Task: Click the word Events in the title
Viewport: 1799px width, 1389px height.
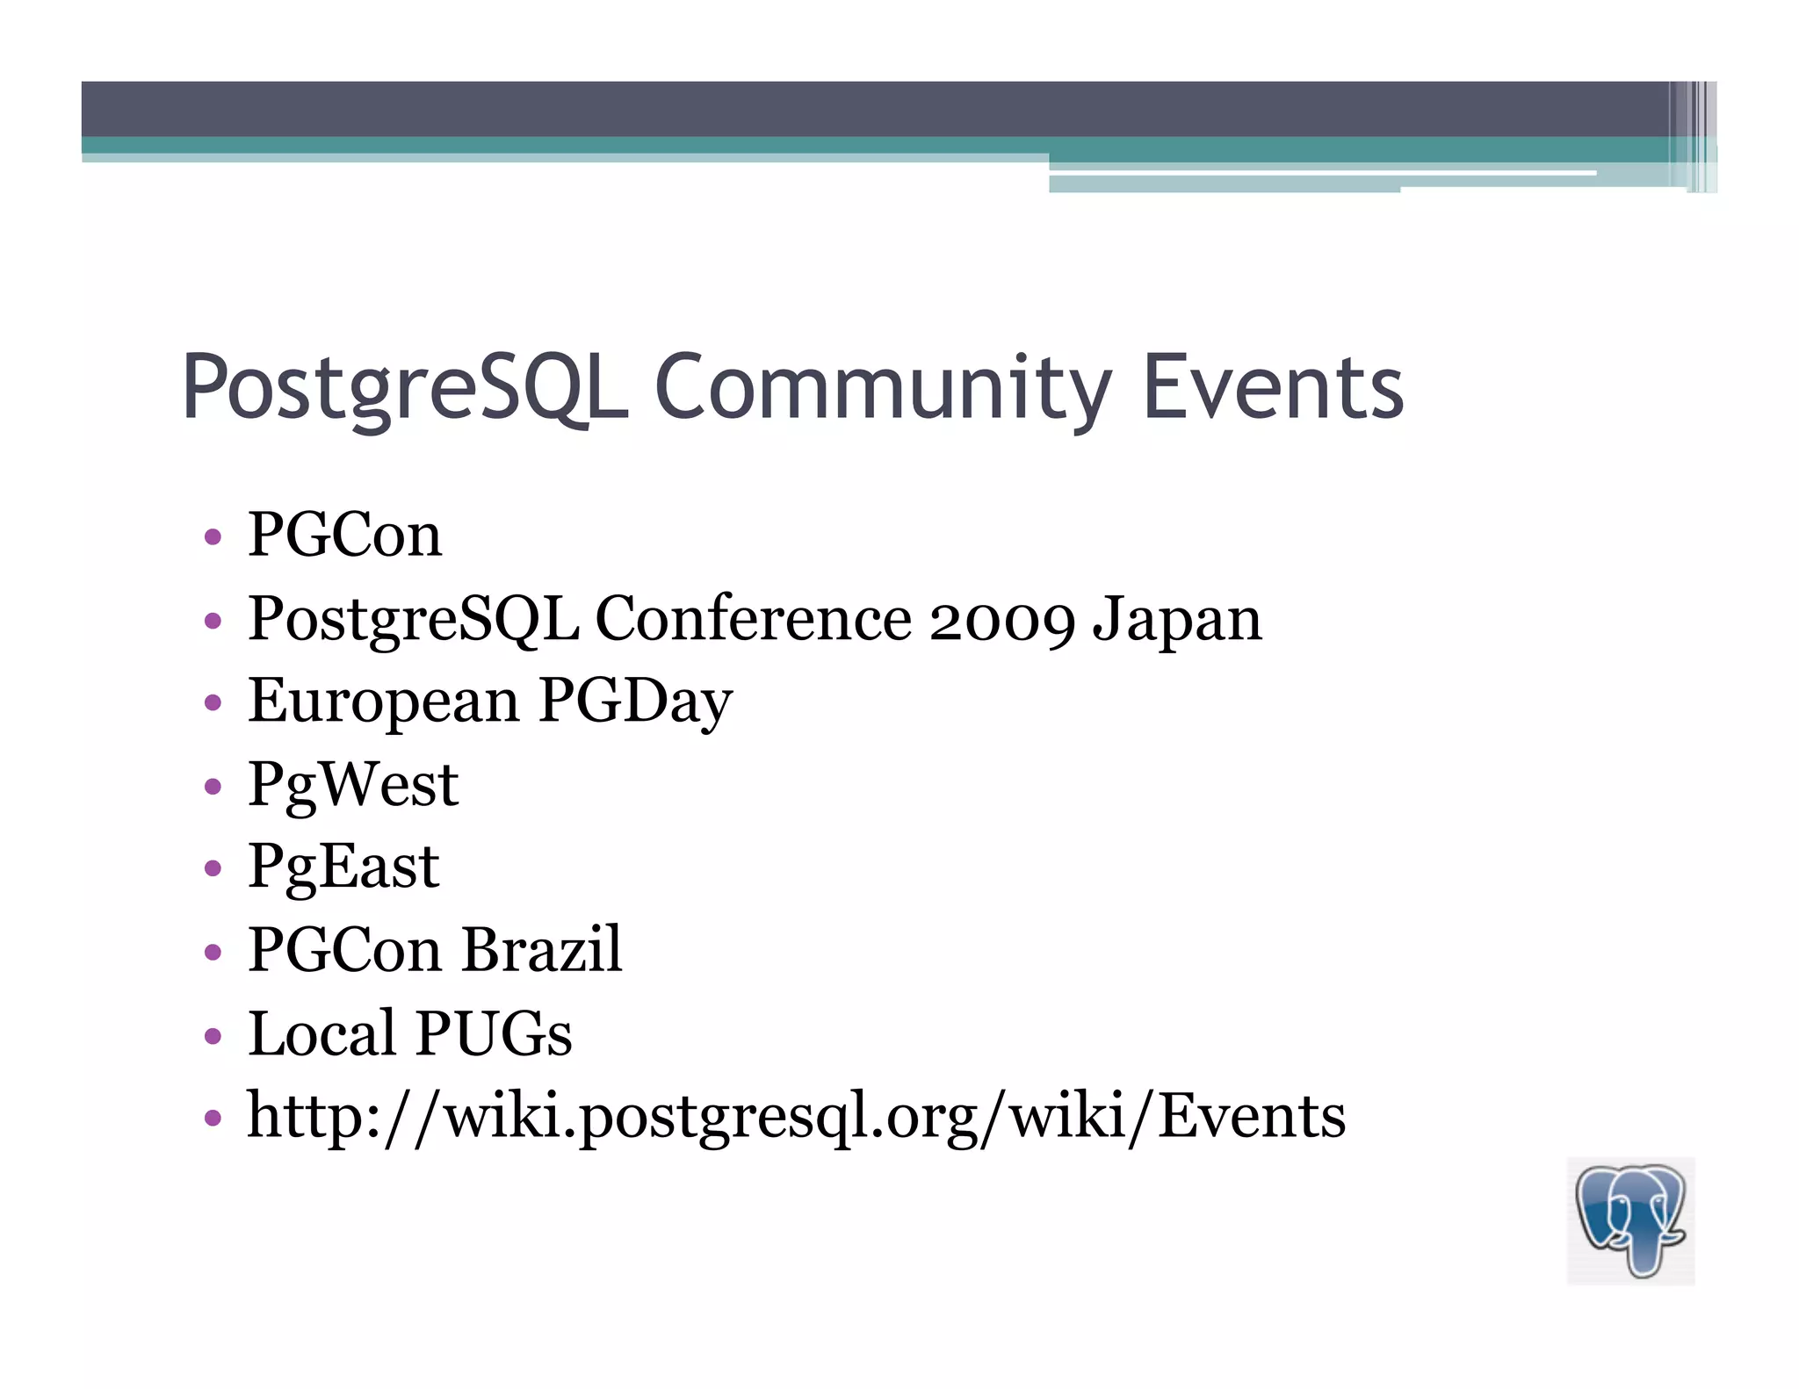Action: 1273,386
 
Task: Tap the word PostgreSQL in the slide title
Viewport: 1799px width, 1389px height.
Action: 404,386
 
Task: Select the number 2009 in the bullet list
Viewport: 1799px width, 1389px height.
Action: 1001,619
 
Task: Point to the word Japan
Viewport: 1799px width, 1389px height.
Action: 1176,619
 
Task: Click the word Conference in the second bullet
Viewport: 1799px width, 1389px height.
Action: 754,619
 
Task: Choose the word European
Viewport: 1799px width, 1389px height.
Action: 384,702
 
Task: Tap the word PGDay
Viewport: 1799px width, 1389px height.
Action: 635,702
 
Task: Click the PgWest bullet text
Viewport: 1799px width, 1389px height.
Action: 353,784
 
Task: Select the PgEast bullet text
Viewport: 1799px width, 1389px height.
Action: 343,867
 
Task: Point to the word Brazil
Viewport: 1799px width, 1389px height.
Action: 542,949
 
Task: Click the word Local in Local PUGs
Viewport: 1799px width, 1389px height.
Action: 322,1033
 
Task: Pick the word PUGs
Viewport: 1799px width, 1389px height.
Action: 493,1033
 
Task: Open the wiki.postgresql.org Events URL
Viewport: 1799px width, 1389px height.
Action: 796,1116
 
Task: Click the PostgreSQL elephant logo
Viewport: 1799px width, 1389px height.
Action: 1630,1220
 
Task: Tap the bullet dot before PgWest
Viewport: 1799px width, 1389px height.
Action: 212,786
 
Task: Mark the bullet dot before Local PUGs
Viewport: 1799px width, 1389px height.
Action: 212,1035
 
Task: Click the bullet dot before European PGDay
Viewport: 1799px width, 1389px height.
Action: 212,703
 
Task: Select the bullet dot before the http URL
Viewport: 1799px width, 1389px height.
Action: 212,1119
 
